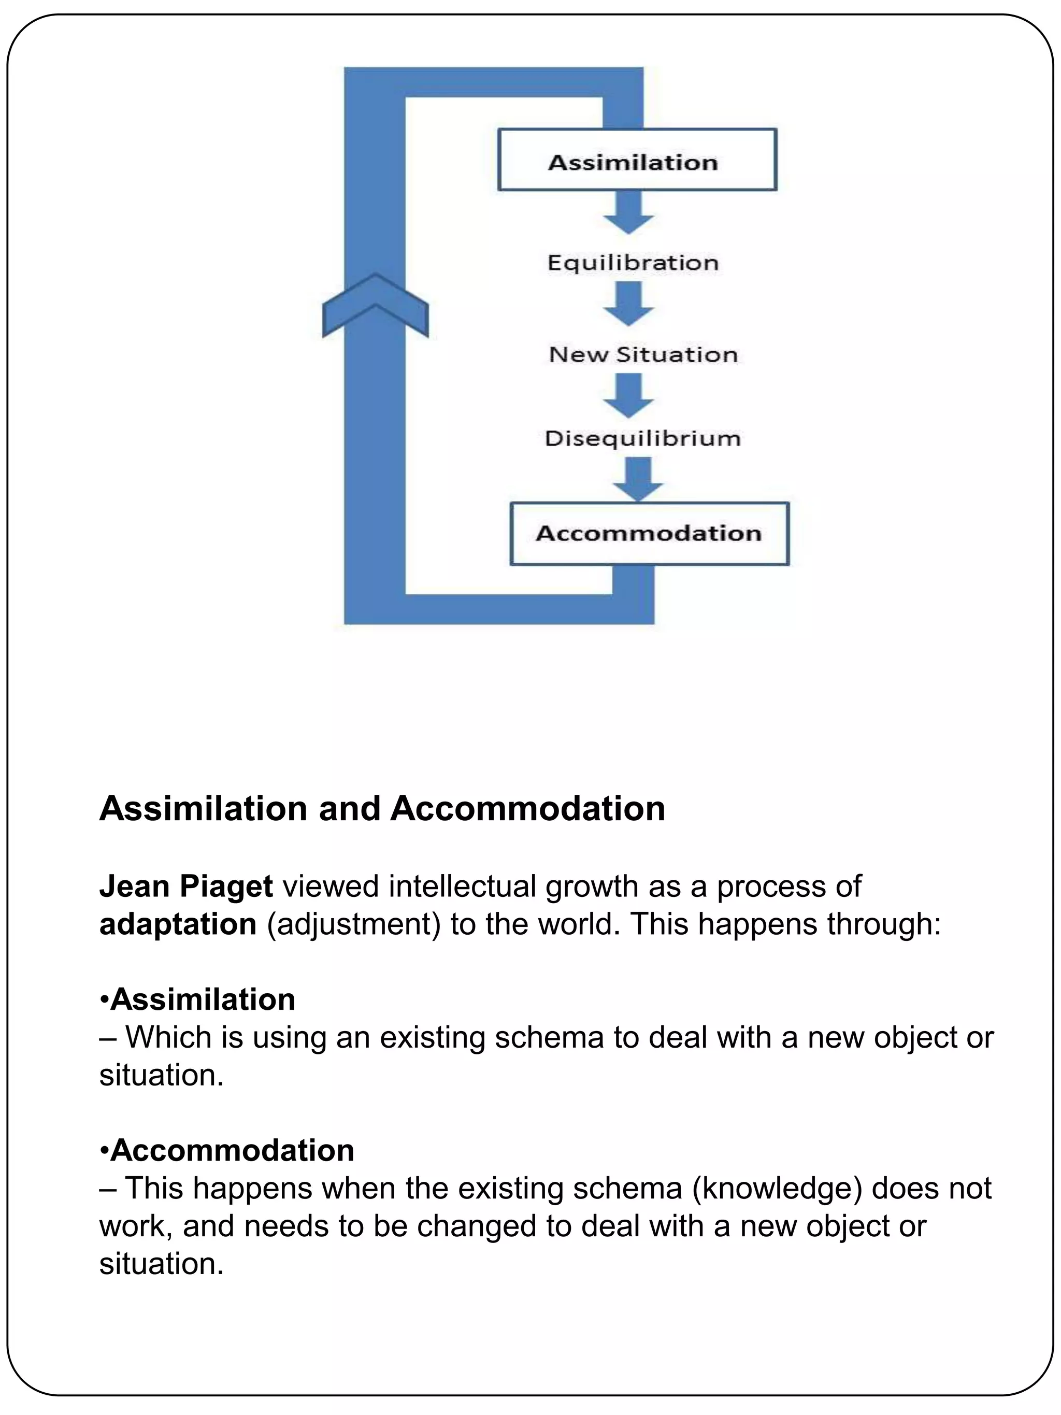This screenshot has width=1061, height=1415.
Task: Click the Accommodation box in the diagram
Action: click(x=649, y=533)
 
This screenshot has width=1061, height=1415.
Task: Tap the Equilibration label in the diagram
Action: click(x=633, y=263)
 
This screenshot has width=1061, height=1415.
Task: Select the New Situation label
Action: click(x=643, y=354)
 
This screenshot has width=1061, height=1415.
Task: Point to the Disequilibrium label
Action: click(x=642, y=438)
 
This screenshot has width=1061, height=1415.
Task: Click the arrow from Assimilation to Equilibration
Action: click(x=628, y=213)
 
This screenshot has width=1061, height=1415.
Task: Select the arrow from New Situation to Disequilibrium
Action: click(x=628, y=396)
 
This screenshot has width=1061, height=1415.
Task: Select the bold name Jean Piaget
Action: click(x=185, y=887)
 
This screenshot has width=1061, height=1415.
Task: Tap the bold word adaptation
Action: click(x=178, y=924)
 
